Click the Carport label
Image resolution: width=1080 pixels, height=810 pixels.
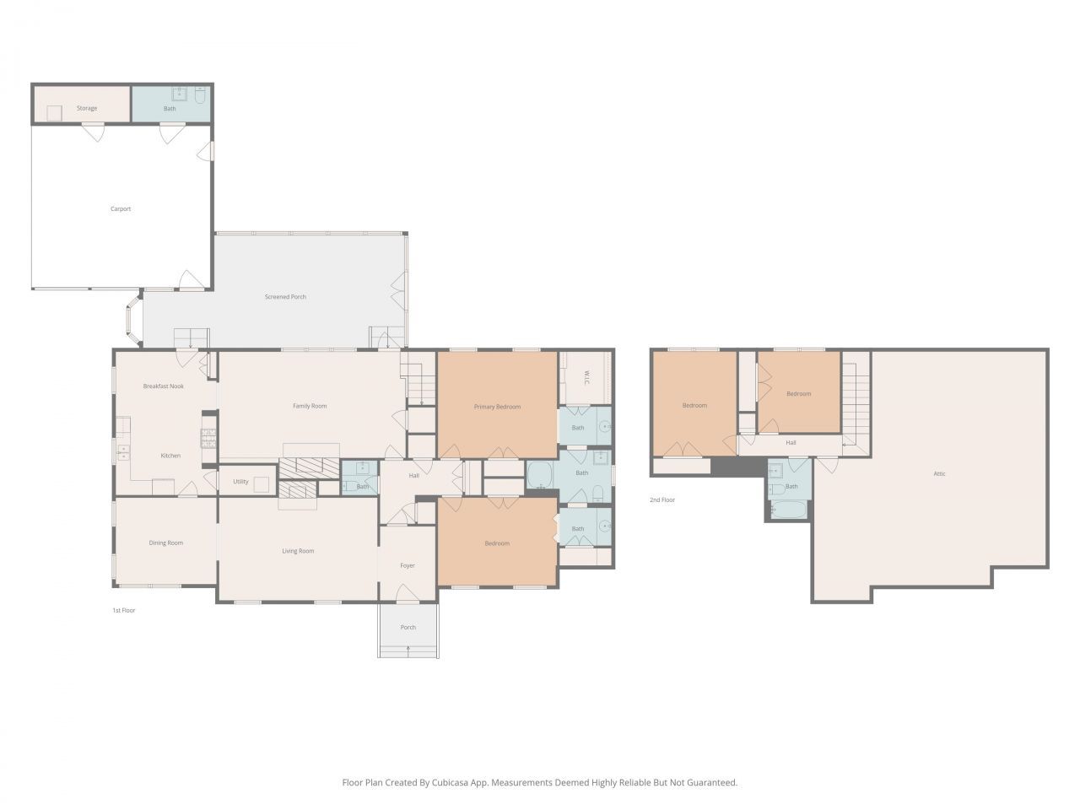[121, 209]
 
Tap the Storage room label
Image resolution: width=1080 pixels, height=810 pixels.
[87, 108]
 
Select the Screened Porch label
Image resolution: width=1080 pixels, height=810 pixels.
[285, 297]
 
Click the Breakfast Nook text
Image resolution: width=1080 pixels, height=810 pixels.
[163, 386]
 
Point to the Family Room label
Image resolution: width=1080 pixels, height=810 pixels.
[310, 406]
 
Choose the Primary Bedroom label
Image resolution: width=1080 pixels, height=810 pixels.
[497, 407]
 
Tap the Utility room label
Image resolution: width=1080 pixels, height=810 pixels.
[240, 482]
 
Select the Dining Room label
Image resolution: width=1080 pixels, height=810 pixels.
[166, 543]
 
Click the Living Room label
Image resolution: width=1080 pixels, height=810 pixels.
[298, 551]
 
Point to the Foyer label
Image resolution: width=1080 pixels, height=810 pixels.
[408, 565]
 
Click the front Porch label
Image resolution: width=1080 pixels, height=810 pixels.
[408, 627]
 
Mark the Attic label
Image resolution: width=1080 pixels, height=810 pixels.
[939, 473]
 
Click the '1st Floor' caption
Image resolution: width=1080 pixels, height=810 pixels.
[124, 610]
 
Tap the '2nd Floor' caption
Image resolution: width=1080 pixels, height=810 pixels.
[662, 499]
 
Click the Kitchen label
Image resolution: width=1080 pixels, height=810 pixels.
[170, 456]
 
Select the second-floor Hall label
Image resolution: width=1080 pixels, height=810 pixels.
[791, 442]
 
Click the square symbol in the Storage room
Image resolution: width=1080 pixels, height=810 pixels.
[54, 112]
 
